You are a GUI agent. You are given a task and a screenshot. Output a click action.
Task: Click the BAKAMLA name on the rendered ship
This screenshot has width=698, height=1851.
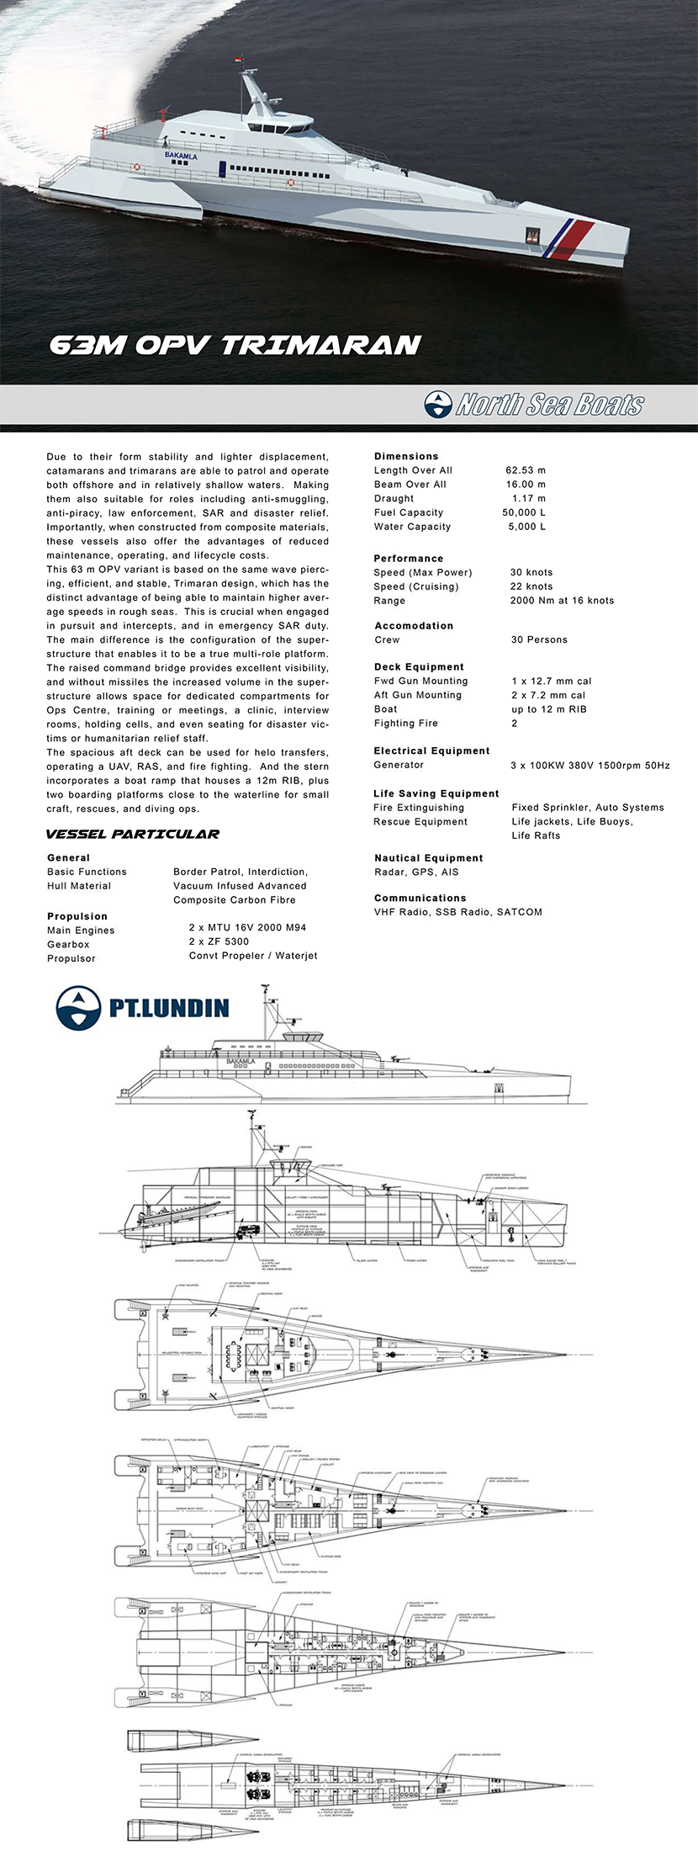181,156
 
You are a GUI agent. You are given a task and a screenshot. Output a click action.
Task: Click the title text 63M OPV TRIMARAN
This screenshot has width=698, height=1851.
235,345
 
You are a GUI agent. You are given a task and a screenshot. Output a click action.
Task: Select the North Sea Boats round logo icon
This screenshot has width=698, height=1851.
438,405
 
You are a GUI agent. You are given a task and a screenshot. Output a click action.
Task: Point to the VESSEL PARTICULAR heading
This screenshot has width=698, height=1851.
133,835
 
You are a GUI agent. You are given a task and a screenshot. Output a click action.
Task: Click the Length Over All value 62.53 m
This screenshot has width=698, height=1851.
526,470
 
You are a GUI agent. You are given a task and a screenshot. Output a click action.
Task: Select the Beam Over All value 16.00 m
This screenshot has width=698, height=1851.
526,485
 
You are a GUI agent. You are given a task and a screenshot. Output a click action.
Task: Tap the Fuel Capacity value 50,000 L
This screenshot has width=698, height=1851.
524,512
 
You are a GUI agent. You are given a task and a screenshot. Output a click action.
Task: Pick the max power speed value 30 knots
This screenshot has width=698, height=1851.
531,572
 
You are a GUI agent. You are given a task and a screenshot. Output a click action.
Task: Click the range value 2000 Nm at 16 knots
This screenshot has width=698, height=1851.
562,601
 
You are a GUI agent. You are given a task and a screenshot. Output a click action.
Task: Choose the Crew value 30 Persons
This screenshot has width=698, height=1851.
539,639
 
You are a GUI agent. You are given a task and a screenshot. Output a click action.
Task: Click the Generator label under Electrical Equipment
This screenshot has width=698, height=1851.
399,765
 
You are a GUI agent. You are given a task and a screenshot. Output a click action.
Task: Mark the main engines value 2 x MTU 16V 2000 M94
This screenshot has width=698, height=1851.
247,927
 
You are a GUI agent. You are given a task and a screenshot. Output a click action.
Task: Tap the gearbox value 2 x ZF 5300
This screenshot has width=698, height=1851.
219,941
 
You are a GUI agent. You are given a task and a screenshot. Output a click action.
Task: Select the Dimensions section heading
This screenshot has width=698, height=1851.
406,456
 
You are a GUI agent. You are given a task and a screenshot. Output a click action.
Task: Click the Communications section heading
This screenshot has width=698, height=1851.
420,898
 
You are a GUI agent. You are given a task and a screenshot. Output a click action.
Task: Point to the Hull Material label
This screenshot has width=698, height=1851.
79,886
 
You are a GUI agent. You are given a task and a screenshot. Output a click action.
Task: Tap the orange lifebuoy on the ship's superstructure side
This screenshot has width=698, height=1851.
291,183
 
